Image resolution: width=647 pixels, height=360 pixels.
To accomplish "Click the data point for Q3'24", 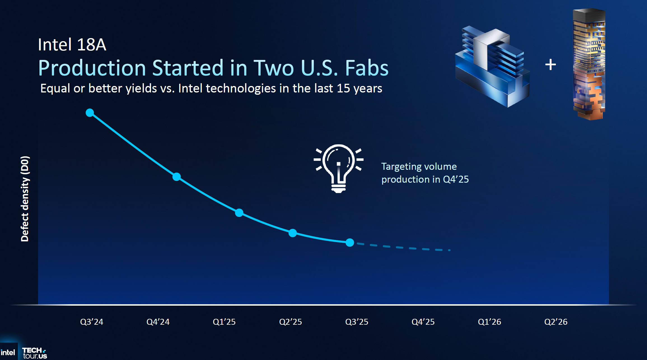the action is [x=90, y=113].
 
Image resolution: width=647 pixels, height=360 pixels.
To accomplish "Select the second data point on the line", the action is [x=176, y=177].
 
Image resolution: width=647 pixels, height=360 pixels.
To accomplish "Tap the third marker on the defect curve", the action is [x=239, y=213].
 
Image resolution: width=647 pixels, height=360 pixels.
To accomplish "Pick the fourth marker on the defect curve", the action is [x=293, y=233].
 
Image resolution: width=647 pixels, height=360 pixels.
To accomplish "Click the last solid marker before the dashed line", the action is [x=350, y=242].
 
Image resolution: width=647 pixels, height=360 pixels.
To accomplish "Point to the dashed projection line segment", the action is [x=403, y=247].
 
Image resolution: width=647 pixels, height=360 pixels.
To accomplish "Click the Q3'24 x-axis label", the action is [x=92, y=322].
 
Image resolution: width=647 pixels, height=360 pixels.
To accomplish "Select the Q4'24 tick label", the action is [x=158, y=322].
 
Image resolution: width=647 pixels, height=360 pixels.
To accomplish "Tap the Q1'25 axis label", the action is [x=224, y=322].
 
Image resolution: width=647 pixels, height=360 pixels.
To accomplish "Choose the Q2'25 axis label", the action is [x=290, y=322].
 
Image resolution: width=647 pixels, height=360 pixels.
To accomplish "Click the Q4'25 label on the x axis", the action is [x=423, y=322].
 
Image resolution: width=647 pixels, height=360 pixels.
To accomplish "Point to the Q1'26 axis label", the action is [x=489, y=322].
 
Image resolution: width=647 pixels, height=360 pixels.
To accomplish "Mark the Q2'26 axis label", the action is [x=556, y=322].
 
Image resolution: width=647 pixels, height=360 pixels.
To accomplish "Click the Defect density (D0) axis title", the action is [x=25, y=199].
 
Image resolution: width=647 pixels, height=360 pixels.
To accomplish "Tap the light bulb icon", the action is [x=338, y=168].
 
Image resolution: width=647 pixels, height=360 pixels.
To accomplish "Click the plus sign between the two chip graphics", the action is [x=550, y=65].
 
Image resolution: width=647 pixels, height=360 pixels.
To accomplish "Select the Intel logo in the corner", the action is [x=8, y=352].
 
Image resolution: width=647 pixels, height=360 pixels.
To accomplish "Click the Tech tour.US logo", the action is [x=34, y=353].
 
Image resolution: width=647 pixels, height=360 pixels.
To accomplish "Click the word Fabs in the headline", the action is [x=367, y=68].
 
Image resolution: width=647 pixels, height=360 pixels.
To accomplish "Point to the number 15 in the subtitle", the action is [x=343, y=88].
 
